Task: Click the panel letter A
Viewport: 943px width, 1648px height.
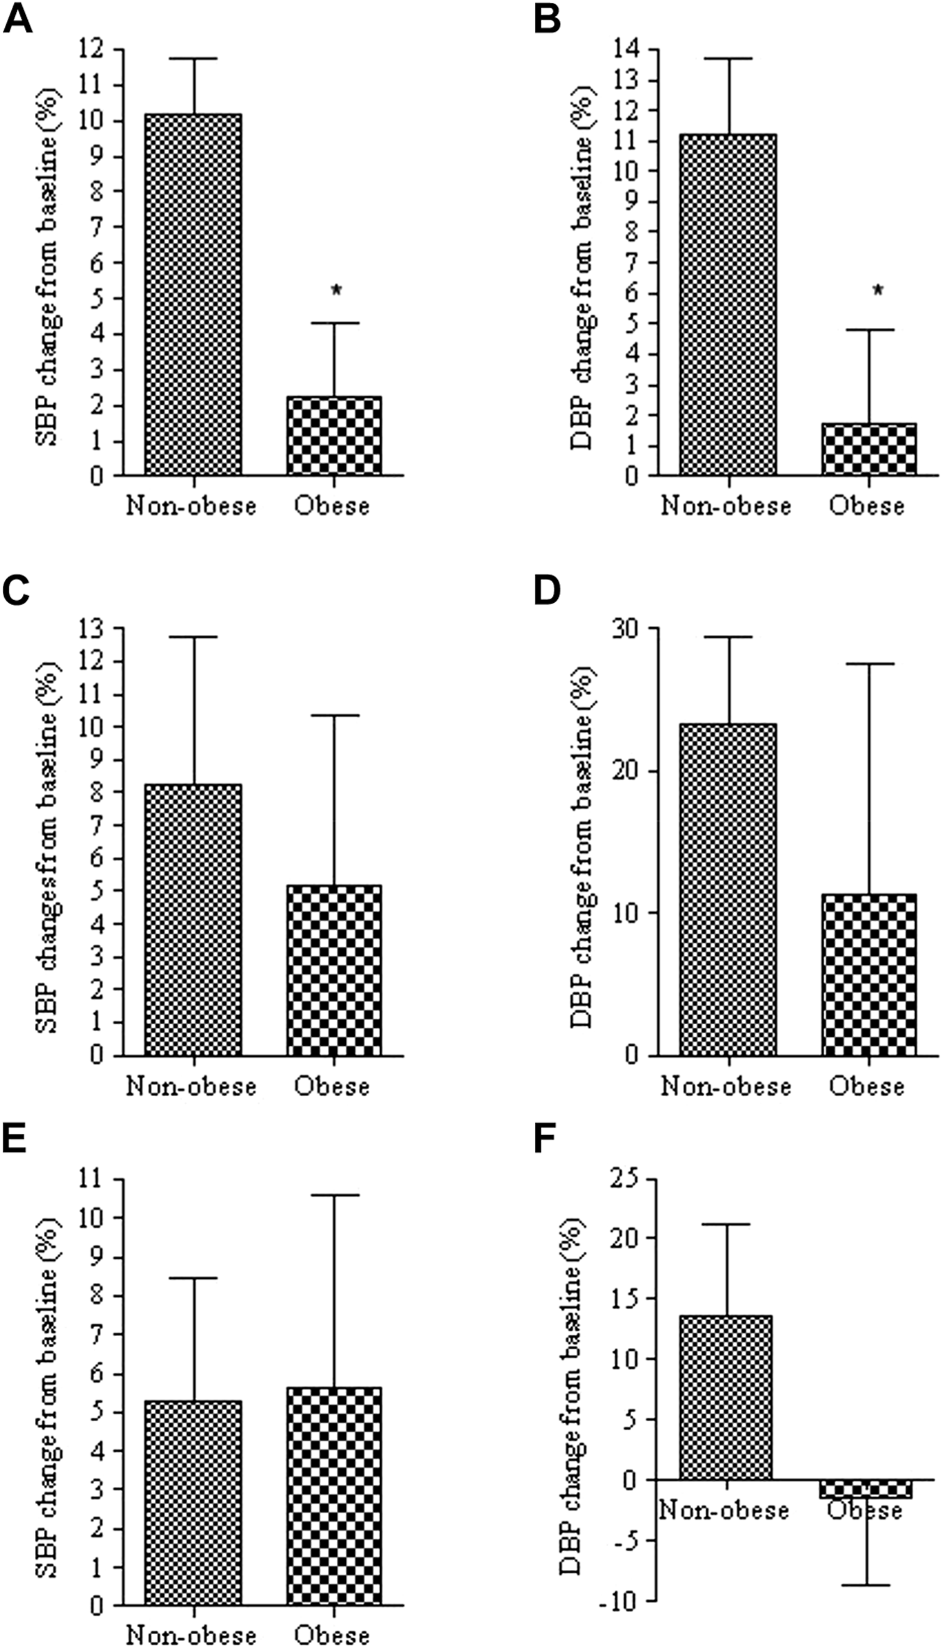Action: pyautogui.click(x=18, y=21)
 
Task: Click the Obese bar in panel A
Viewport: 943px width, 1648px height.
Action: pyautogui.click(x=333, y=436)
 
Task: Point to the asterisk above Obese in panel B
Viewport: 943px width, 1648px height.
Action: pyautogui.click(x=877, y=292)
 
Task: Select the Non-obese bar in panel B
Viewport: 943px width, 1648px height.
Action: pyautogui.click(x=728, y=305)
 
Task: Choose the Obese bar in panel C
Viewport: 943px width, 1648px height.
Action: pyautogui.click(x=333, y=971)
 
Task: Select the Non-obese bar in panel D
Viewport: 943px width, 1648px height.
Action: pyautogui.click(x=728, y=890)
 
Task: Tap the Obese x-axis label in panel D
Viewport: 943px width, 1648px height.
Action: pyautogui.click(x=867, y=1086)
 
